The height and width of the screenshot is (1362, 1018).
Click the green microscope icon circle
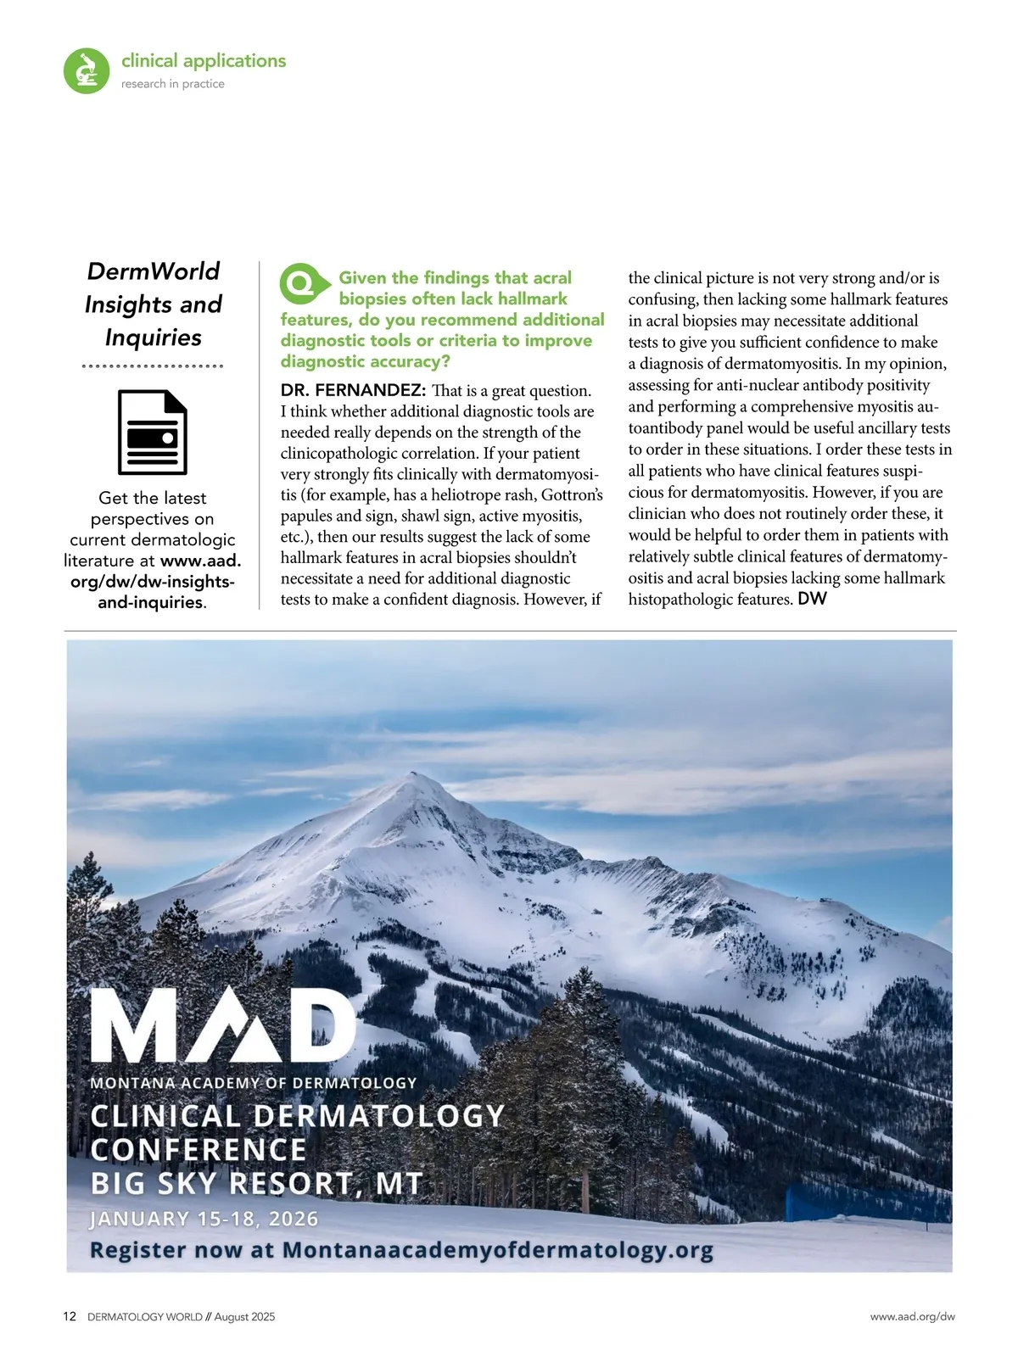click(87, 70)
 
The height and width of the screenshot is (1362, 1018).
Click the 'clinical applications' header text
click(204, 61)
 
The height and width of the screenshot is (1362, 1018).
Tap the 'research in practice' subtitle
click(173, 84)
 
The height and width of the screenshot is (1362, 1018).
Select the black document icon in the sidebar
click(153, 433)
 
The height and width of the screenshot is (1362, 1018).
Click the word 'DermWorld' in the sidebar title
click(154, 271)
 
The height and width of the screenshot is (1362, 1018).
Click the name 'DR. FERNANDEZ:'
click(353, 390)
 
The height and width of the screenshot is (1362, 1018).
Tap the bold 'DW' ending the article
click(812, 599)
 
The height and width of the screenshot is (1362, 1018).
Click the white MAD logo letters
click(222, 1024)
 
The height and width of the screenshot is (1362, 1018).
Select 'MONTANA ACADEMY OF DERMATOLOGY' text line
click(253, 1083)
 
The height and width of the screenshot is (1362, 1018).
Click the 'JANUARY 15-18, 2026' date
click(204, 1219)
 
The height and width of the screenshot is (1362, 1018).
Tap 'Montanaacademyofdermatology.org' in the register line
click(497, 1250)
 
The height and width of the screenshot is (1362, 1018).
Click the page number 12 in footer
click(70, 1317)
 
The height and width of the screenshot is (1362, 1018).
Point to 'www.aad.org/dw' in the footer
click(912, 1317)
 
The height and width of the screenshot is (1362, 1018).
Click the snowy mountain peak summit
click(414, 775)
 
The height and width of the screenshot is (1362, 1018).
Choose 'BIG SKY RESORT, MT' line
click(256, 1183)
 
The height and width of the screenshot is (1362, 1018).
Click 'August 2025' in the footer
click(244, 1317)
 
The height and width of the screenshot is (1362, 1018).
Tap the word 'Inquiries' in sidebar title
click(154, 338)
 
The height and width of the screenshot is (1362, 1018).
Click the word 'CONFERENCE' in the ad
click(199, 1150)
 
